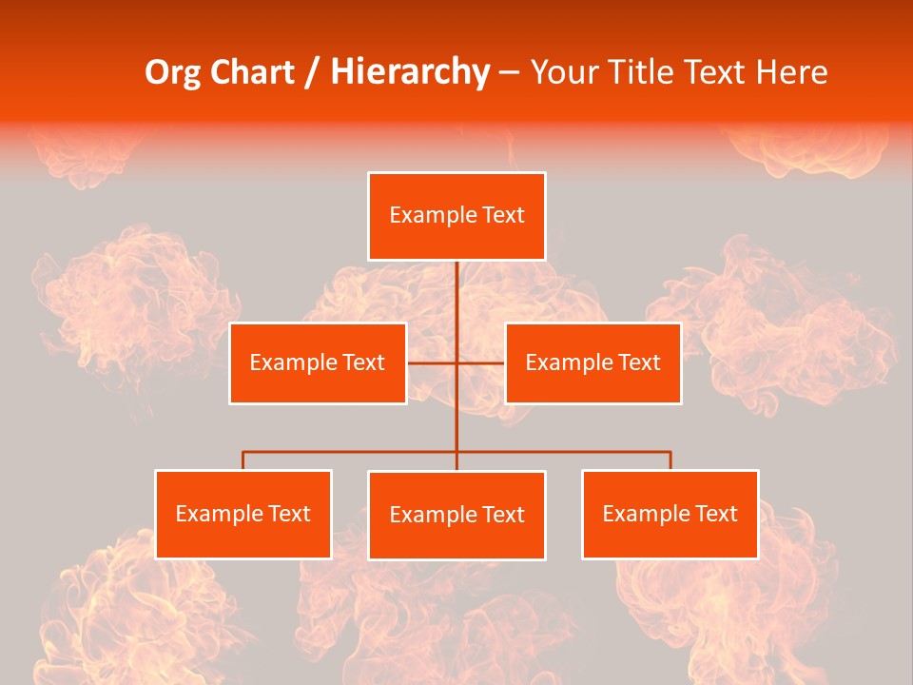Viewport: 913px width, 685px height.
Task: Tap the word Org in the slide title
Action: coord(173,72)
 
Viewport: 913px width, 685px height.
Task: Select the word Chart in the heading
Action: coord(253,72)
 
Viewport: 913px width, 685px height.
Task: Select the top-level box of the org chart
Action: coord(456,216)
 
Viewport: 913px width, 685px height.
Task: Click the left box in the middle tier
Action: coord(318,363)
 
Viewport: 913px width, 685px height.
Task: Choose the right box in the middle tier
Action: coord(592,363)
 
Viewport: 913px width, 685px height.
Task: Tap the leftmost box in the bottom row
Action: coord(243,515)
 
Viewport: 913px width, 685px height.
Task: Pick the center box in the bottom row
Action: coord(456,516)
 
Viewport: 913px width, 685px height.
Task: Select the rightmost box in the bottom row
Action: coord(670,515)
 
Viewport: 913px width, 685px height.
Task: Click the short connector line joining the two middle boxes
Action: coord(433,362)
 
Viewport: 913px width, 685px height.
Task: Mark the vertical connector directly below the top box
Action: coord(456,295)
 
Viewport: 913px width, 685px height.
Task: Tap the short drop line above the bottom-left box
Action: coord(243,460)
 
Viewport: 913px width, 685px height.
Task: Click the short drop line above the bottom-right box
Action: coord(670,460)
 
